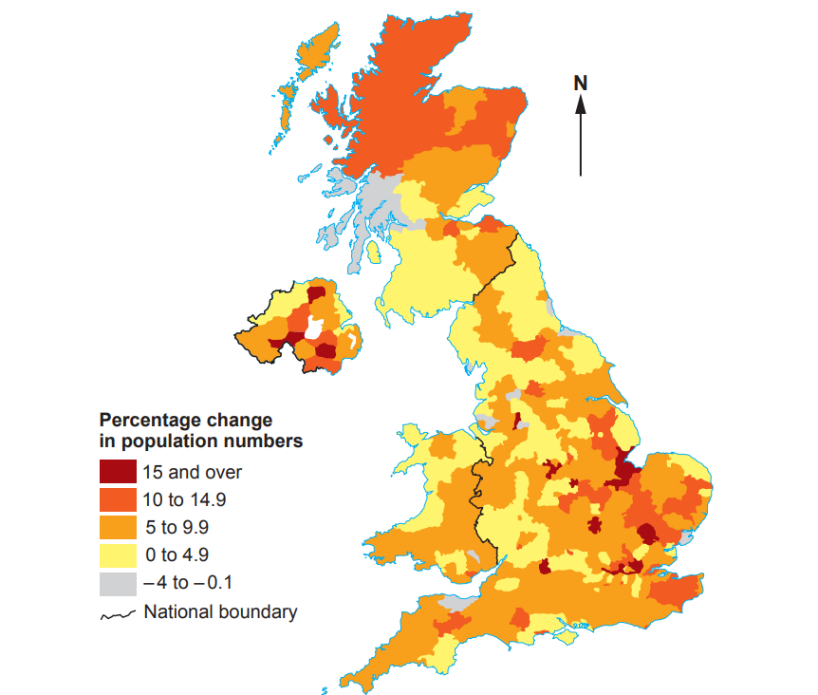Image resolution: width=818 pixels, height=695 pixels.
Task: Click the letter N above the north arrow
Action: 581,84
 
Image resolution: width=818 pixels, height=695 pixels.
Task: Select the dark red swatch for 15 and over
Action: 118,471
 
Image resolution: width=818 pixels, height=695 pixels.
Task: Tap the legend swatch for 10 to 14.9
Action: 118,498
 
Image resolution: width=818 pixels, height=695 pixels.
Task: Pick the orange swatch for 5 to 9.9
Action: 118,527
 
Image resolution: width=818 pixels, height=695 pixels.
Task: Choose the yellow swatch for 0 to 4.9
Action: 118,554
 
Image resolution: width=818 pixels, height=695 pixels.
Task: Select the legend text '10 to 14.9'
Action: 184,498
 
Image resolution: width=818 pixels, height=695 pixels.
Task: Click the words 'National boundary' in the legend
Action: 220,611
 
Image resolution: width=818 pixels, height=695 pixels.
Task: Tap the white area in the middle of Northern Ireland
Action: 312,329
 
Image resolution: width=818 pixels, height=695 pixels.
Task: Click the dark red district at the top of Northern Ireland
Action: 316,293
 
